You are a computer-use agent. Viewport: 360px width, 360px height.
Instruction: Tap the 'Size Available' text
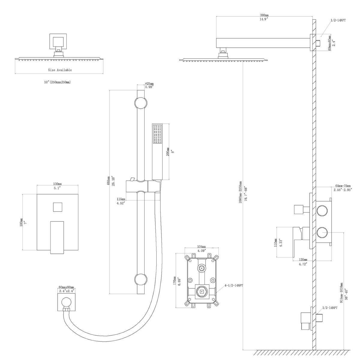(60, 70)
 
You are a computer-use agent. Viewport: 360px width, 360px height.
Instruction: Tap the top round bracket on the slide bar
(141, 103)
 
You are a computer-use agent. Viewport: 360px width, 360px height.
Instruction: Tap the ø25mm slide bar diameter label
(149, 83)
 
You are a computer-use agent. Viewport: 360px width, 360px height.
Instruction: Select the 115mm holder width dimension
(121, 199)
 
